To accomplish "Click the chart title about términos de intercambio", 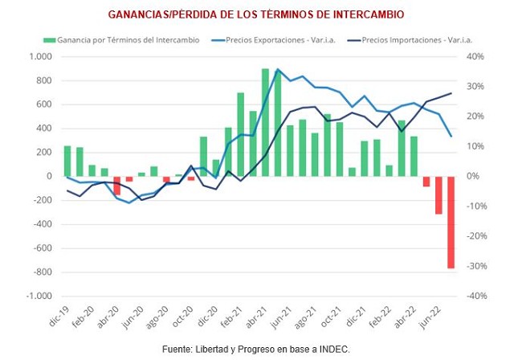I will click(x=257, y=14).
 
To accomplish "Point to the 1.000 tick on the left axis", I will click(x=40, y=56).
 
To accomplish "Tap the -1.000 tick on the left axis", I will click(x=39, y=296).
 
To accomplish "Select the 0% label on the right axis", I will click(x=473, y=176).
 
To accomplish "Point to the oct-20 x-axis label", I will click(x=182, y=316).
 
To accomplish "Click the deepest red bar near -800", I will click(x=451, y=223).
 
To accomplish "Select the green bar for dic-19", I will click(x=67, y=161).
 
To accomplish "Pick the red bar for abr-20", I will click(x=116, y=186).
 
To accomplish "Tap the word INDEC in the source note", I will click(x=336, y=349).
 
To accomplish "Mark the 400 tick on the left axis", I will click(x=45, y=129).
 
